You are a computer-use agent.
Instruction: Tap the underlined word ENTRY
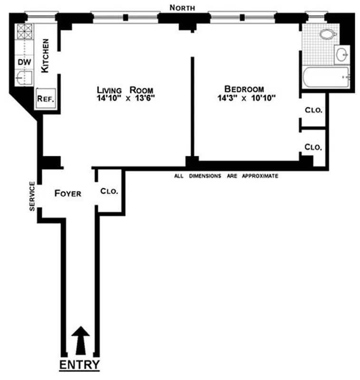(x=79, y=365)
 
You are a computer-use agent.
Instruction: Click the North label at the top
(x=183, y=7)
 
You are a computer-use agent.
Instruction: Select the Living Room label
(x=126, y=90)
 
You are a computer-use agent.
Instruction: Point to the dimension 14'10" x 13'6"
(x=126, y=98)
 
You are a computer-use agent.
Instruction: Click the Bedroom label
(x=244, y=89)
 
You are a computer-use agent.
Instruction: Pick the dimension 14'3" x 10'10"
(x=244, y=98)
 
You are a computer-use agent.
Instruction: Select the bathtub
(x=326, y=77)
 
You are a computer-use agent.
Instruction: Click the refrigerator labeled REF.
(x=46, y=99)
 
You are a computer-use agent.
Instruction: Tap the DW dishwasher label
(x=23, y=62)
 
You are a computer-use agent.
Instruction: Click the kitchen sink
(x=23, y=77)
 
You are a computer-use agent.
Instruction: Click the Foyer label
(x=68, y=193)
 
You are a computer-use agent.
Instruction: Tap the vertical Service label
(x=32, y=196)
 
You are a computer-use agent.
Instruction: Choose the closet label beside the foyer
(x=109, y=192)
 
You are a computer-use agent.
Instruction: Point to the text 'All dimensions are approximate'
(x=226, y=176)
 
